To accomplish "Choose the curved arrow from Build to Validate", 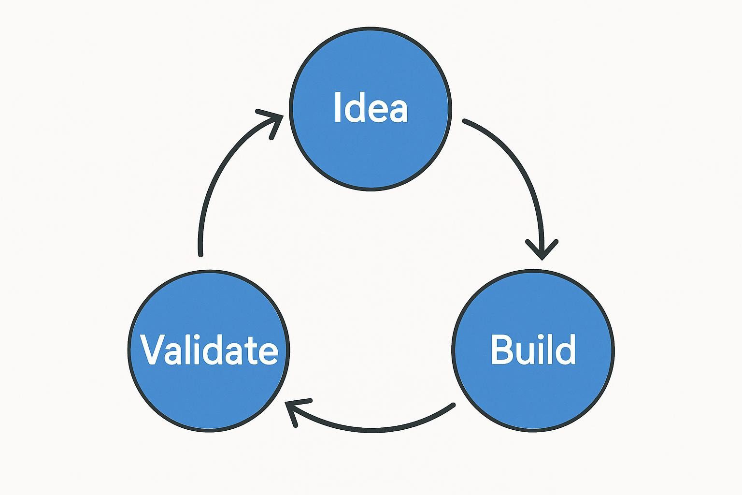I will (x=372, y=428).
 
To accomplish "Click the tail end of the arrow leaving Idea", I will (x=465, y=120).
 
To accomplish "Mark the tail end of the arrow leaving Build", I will (x=453, y=405).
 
